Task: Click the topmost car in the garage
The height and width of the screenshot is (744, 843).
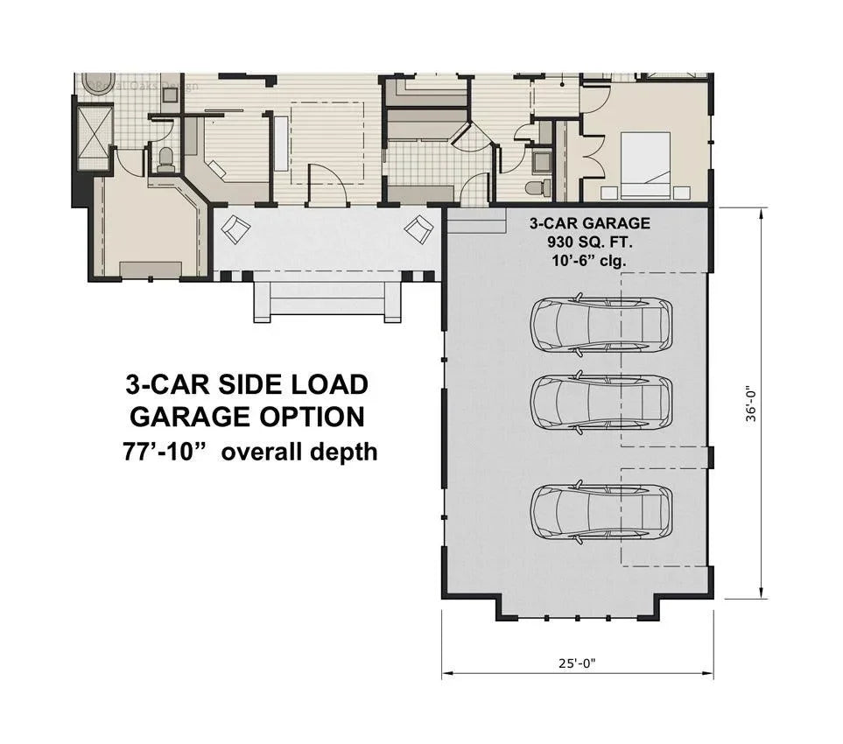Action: click(601, 323)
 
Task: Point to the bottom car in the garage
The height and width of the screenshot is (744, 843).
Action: click(601, 510)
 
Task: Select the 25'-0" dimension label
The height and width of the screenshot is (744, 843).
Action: click(579, 663)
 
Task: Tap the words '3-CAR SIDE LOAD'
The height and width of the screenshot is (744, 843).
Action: click(246, 385)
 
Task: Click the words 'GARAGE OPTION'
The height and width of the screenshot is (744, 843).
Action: click(246, 418)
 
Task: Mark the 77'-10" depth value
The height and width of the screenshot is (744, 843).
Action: click(165, 453)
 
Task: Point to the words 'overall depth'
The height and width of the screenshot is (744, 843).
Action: click(299, 453)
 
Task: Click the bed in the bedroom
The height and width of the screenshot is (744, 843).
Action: click(645, 163)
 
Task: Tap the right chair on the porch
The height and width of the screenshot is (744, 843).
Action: click(418, 230)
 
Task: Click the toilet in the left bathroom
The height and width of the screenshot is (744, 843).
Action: click(165, 159)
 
